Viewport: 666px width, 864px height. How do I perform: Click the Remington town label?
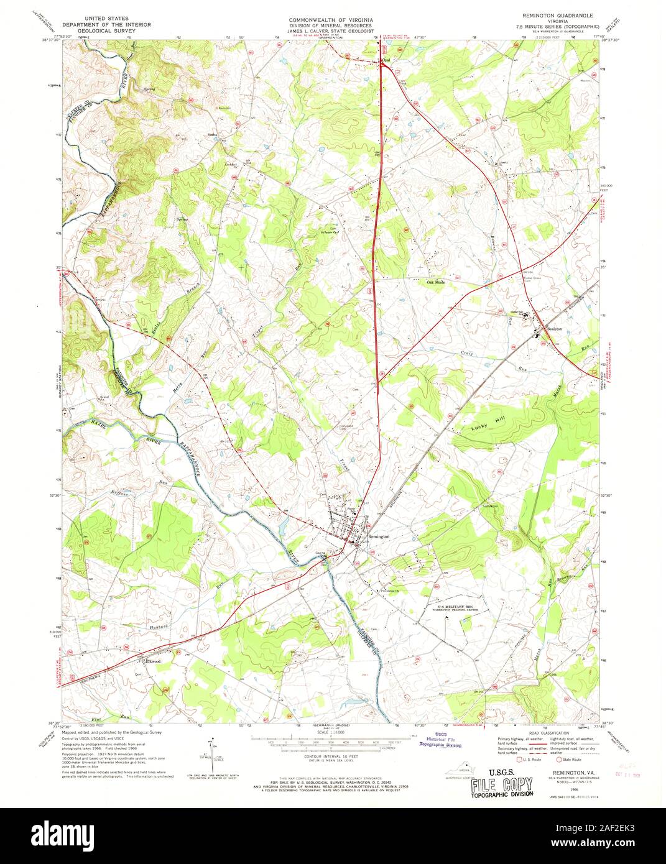(x=379, y=536)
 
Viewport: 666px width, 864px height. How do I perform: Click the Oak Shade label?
(x=436, y=282)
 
